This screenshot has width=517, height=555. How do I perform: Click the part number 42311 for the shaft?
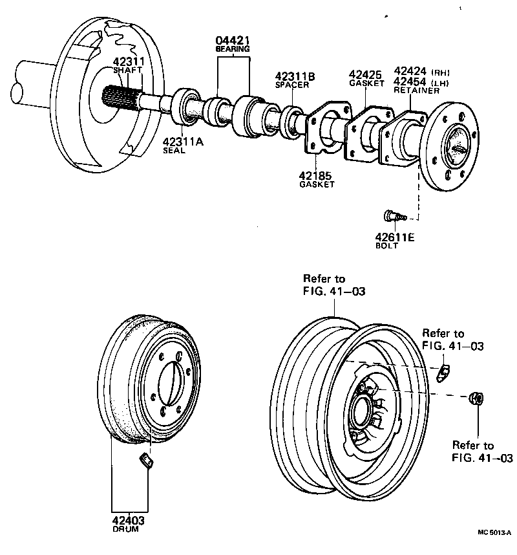point(128,62)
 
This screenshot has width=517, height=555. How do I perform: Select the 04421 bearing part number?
point(233,40)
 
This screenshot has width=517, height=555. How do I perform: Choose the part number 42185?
point(317,175)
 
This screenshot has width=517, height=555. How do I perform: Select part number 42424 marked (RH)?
point(410,72)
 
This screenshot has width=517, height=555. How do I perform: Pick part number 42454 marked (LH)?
point(410,82)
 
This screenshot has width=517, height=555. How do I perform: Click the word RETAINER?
point(416,91)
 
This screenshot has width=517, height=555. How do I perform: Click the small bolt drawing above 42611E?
point(391,215)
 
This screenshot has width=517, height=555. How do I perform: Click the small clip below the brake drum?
point(147,460)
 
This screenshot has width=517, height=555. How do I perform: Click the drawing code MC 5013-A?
point(494,532)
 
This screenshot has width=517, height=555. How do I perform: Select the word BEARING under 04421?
point(233,49)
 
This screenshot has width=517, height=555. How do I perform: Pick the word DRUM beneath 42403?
point(127,528)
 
